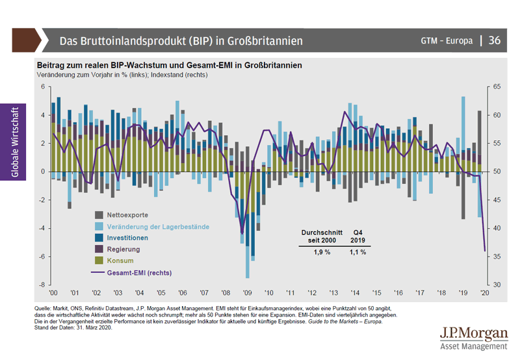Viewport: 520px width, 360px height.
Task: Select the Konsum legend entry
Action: [120, 261]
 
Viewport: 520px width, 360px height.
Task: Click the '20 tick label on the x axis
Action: [484, 293]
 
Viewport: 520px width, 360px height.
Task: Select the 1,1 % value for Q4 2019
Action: [357, 252]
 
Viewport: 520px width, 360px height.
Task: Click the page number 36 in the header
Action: [495, 40]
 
